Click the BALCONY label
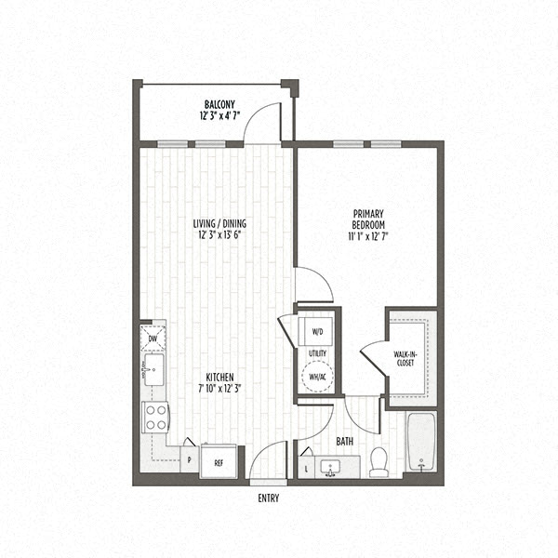coord(219,104)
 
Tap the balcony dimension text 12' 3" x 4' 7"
coord(219,117)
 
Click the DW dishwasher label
coord(153,339)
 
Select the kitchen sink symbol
coord(153,368)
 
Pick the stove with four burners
coord(154,416)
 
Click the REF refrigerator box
coord(219,461)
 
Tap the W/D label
coord(317,331)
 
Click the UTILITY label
coord(317,354)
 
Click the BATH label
coord(344,442)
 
